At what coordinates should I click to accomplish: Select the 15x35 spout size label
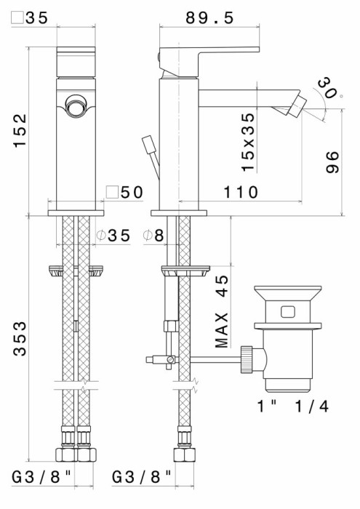tap(249, 141)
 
